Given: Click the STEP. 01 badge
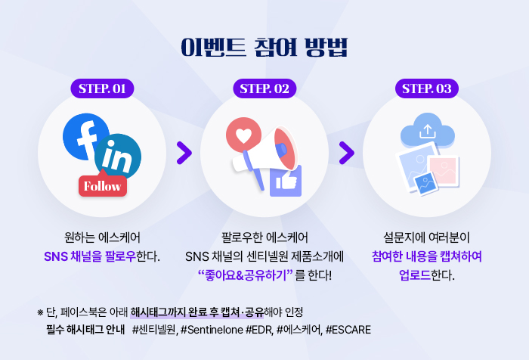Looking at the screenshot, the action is coord(102,88).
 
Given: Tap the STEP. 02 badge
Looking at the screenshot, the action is coord(264,88).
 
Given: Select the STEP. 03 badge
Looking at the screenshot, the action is coord(427,88).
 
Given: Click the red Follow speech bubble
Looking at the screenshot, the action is coord(103,185).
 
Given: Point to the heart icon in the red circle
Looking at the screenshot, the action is coord(243,135).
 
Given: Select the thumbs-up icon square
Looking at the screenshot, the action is coord(286,181).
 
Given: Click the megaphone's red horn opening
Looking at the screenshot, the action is coord(285,148).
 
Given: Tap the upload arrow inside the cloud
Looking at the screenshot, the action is coord(428,132).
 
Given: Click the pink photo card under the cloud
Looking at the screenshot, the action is coord(444,171).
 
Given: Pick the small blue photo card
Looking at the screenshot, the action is coord(425,184).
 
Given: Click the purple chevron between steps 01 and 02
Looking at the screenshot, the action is coord(184,153).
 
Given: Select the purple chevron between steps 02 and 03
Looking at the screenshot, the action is coord(346,153).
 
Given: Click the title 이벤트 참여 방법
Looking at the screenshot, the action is coord(264,47).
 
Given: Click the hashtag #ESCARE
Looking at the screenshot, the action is coord(348,329).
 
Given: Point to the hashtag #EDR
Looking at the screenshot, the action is coord(259,329).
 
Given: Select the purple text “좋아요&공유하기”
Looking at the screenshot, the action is coord(246,275).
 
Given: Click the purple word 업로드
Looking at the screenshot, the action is coord(415,275).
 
